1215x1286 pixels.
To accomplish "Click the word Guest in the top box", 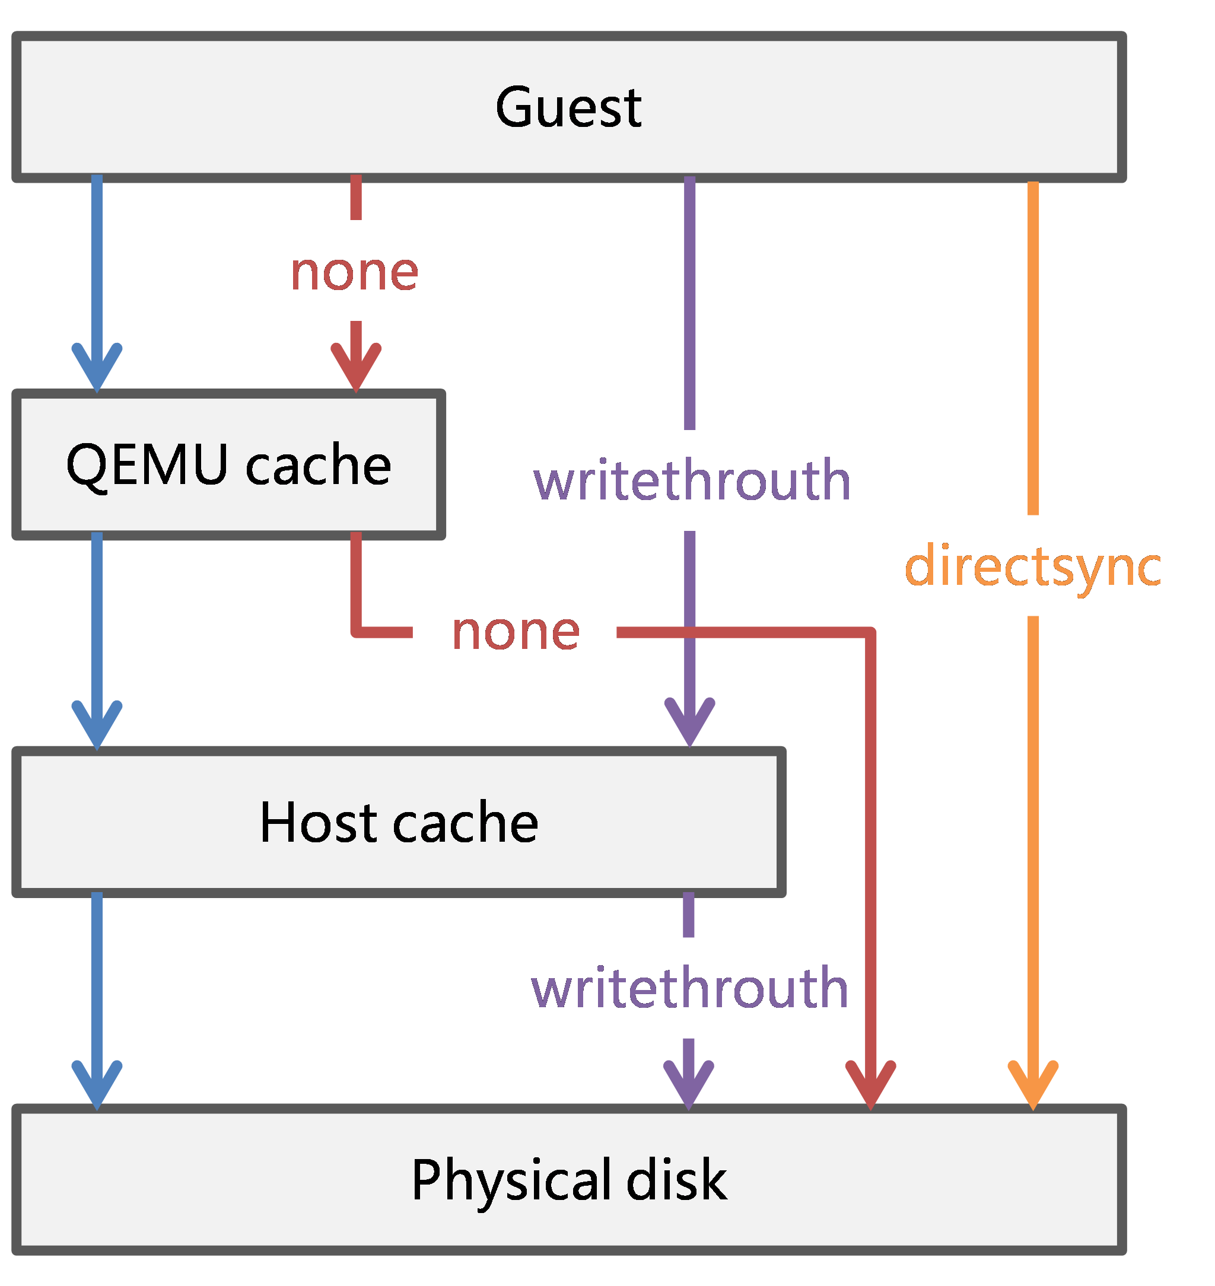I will (x=568, y=107).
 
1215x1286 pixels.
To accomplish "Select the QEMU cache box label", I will (x=228, y=464).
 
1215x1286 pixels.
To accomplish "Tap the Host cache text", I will (x=398, y=822).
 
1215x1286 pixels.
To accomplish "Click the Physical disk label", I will (x=568, y=1180).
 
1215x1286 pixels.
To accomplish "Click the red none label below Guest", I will (x=354, y=272).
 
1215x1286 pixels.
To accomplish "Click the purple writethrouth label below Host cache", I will (x=689, y=988).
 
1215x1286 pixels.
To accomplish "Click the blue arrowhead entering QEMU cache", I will (x=97, y=369).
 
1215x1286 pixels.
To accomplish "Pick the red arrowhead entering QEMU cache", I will (x=355, y=369).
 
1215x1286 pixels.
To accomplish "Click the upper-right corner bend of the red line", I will (x=870, y=633).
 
